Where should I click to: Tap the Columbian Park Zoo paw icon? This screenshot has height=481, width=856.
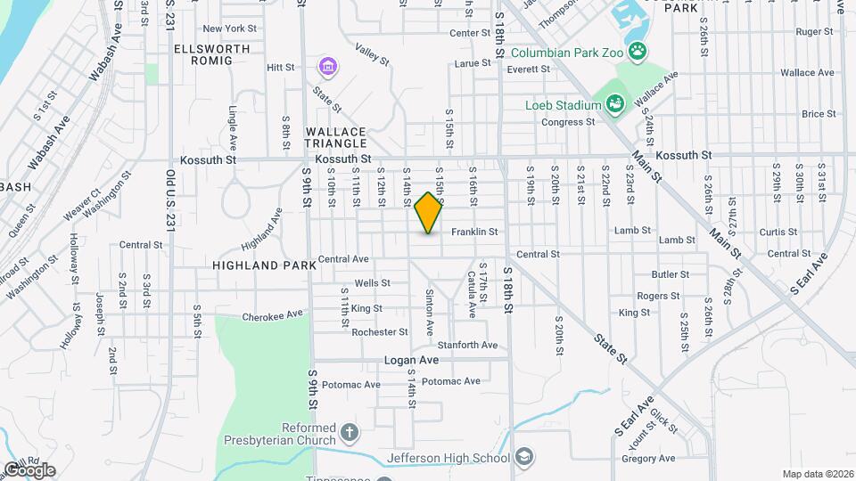[638, 51]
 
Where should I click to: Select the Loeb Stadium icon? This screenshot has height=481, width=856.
[614, 105]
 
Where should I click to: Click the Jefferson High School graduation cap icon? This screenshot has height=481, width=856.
[526, 458]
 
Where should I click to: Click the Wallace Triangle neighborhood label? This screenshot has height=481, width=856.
[336, 137]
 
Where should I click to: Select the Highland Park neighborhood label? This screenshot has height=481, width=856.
[264, 265]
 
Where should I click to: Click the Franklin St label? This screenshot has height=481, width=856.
[473, 232]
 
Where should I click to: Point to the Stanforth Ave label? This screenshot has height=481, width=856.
[466, 345]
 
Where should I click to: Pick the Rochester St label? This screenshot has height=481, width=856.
[380, 332]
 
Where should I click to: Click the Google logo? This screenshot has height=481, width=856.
[29, 469]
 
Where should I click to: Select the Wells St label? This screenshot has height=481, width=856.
[373, 283]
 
